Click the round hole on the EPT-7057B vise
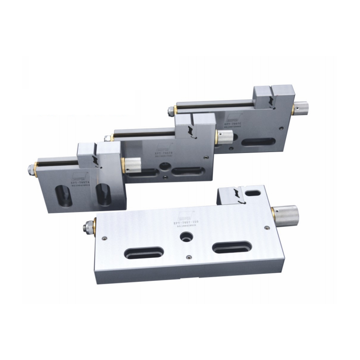162,170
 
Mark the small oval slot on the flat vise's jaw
253,193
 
